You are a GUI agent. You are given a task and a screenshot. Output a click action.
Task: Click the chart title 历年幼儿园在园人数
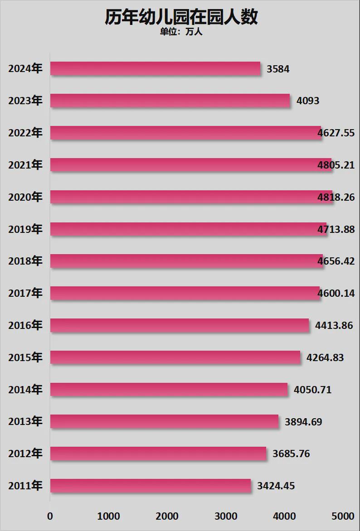(181, 17)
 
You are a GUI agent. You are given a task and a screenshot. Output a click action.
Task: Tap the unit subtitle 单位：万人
(181, 32)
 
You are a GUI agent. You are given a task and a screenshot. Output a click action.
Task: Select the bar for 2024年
(155, 68)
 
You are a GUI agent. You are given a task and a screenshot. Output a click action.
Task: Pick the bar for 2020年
(190, 197)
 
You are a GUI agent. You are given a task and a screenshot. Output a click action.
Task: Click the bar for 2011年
(150, 486)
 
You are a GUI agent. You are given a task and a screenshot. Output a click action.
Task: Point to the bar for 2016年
(179, 325)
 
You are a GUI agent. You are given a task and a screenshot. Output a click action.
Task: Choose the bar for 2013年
(164, 421)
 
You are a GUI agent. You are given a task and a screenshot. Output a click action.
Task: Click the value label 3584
(278, 69)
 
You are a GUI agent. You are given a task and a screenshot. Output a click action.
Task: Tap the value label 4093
(307, 101)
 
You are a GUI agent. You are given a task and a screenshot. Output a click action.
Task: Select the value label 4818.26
(336, 198)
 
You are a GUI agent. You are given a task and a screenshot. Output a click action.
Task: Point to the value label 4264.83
(325, 358)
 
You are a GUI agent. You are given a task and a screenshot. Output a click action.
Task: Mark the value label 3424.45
(276, 486)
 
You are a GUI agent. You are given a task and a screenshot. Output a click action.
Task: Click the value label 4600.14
(336, 294)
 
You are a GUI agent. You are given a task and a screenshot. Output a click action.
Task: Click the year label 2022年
(25, 133)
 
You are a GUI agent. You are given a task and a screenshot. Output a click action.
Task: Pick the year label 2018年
(25, 261)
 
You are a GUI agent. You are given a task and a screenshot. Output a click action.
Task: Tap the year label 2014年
(25, 390)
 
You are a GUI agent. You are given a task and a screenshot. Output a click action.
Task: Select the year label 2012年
(25, 454)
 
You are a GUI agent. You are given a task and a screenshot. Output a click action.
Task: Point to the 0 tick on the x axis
(50, 517)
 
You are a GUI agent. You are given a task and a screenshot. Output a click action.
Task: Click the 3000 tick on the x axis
(226, 517)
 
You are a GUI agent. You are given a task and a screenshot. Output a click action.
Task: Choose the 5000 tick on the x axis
(343, 517)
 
